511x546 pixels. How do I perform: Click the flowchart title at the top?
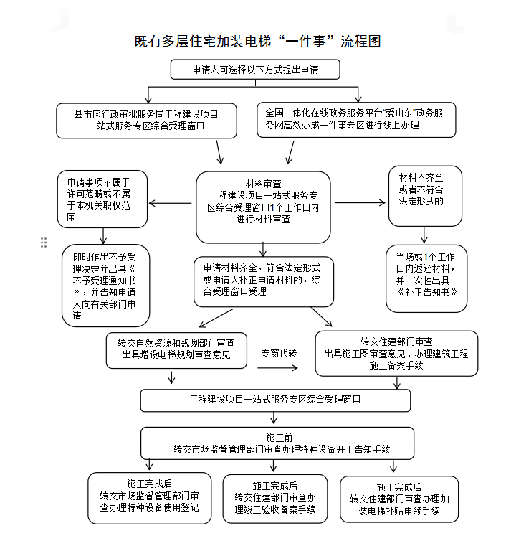point(257,42)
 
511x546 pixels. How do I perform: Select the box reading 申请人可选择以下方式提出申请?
point(255,70)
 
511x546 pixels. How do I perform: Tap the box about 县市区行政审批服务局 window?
point(146,121)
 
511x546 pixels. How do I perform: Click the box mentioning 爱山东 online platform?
point(356,120)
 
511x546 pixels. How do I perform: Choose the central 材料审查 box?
point(263,207)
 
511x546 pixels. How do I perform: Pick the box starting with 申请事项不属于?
point(102,199)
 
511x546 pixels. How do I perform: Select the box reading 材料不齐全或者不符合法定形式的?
point(425,196)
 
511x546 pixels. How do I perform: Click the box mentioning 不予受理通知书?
point(106,286)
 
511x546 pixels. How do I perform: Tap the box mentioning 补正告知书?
point(426,278)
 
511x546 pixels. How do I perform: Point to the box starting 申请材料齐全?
point(264,282)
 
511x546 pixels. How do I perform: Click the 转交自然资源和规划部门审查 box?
point(176,350)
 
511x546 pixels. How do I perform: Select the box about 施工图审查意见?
point(396,354)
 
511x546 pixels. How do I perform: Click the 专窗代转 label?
point(279,354)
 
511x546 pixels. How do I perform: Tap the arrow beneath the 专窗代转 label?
point(277,368)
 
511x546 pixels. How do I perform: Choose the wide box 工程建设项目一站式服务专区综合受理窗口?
point(275,400)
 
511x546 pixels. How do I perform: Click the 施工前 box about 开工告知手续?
point(277,443)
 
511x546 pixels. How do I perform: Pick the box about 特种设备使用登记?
point(150,498)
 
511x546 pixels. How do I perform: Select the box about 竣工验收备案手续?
point(275,499)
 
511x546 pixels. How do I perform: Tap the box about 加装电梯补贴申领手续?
point(399,499)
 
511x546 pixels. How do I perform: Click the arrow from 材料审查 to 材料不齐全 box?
point(360,202)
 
